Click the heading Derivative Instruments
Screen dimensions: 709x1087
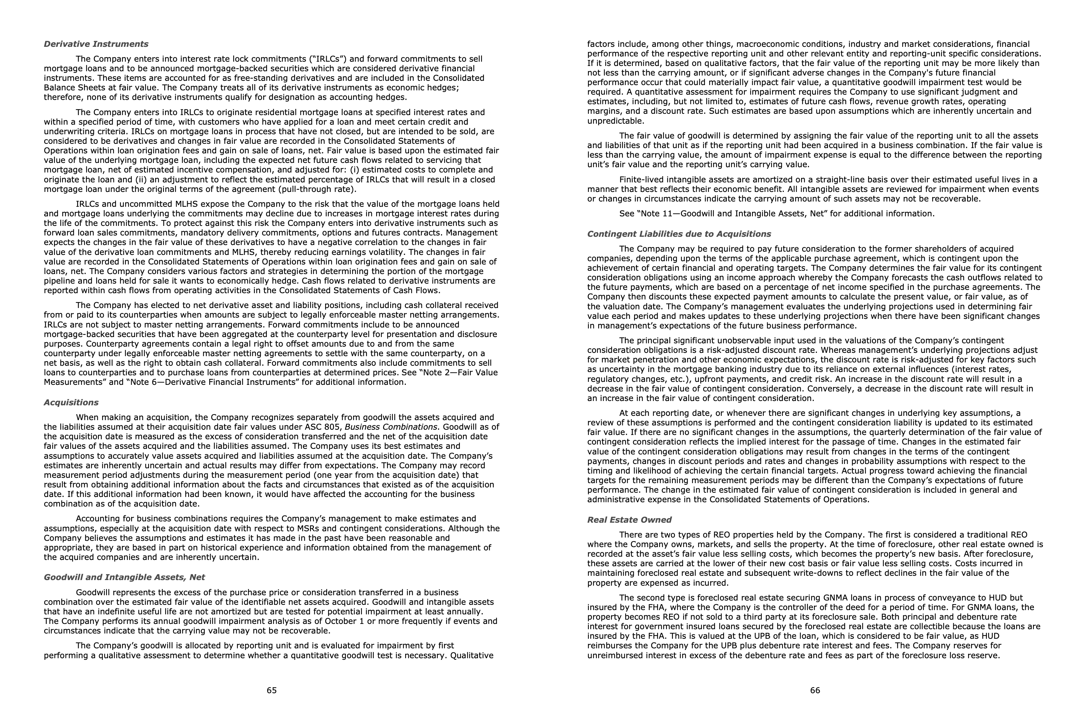coord(96,44)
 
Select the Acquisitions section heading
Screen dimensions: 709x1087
coord(71,402)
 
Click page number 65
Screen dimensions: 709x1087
coord(272,690)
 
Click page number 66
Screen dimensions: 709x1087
coord(815,690)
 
